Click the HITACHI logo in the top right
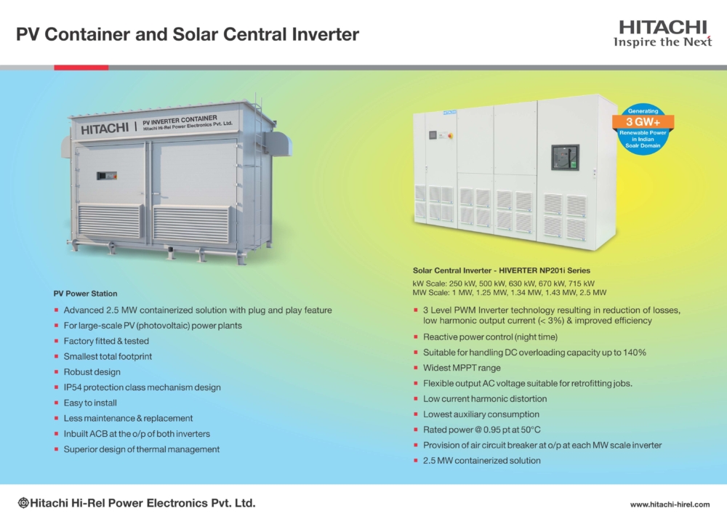(x=663, y=28)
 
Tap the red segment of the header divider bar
(x=81, y=68)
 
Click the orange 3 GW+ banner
(x=643, y=122)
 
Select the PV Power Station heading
(x=85, y=294)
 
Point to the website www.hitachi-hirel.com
(x=670, y=504)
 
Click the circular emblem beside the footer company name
(x=23, y=503)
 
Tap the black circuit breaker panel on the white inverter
(x=565, y=157)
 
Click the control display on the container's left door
(x=107, y=176)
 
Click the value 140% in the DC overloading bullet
(x=634, y=353)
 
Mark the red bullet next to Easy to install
(x=56, y=403)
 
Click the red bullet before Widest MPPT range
(x=415, y=368)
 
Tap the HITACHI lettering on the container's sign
(x=105, y=129)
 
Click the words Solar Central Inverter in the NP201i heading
(x=452, y=270)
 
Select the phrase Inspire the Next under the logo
(x=662, y=42)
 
